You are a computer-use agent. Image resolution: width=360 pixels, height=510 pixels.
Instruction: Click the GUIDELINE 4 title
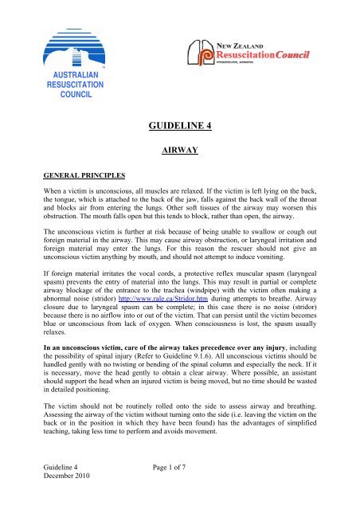coord(180,124)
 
